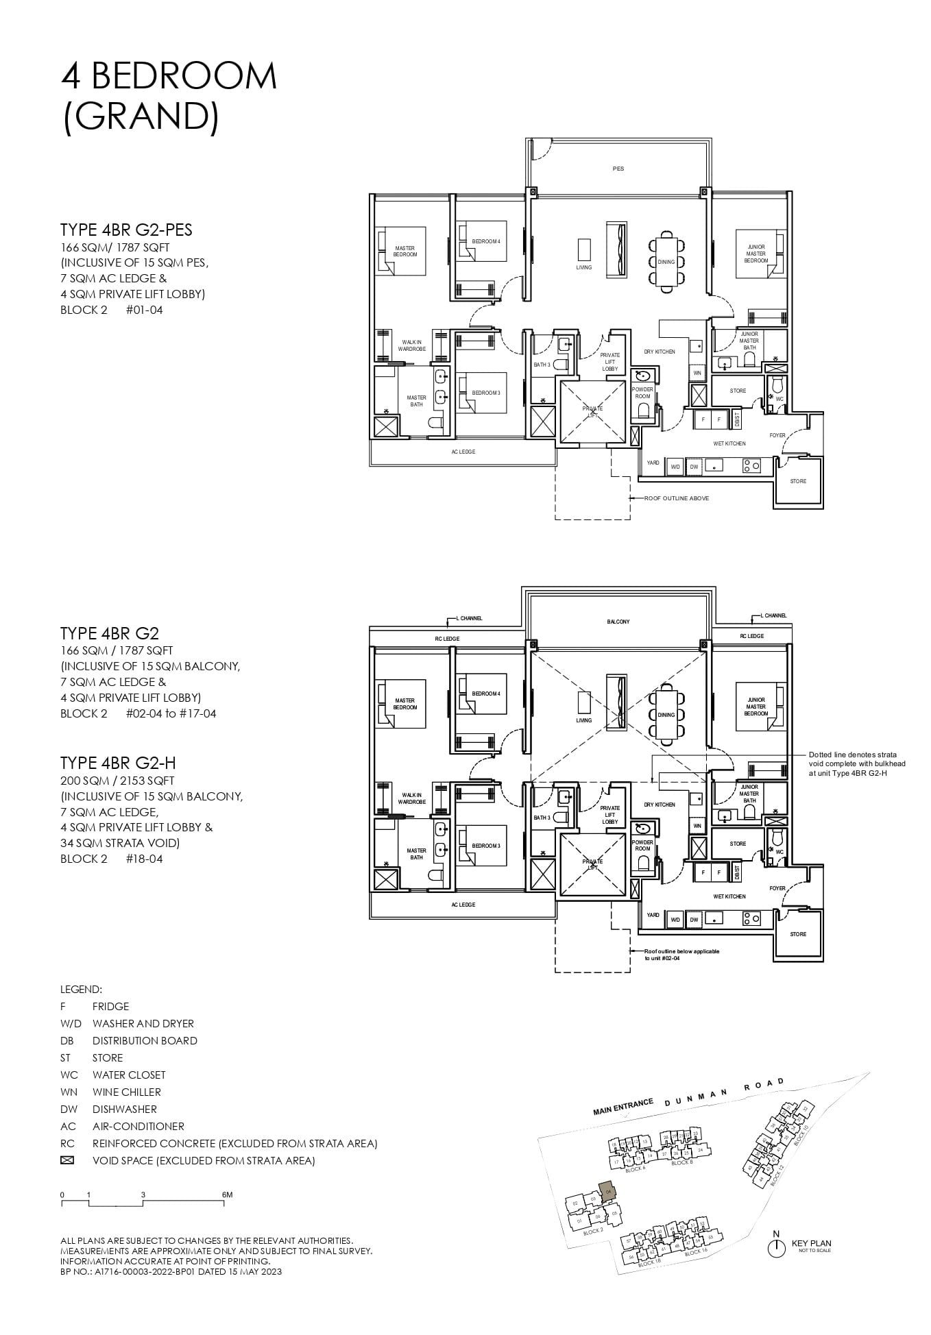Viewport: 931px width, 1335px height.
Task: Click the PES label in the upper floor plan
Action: [618, 169]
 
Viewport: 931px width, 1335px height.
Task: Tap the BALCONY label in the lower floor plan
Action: [618, 622]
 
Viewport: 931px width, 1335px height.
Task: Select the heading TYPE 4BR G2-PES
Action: [126, 230]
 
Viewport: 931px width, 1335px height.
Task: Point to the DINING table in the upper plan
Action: [666, 262]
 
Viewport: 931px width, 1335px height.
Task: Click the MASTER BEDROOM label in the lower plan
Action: [404, 704]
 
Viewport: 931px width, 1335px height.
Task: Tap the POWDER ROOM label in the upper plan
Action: [642, 393]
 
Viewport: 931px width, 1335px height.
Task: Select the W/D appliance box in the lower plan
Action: [675, 920]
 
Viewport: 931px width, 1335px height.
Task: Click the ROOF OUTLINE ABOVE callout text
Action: [676, 498]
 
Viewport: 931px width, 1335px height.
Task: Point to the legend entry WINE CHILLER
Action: [126, 1092]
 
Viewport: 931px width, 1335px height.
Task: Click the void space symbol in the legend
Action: [67, 1161]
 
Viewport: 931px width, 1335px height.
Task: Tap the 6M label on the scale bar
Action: [228, 1195]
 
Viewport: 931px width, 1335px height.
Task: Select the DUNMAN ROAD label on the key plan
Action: [724, 1095]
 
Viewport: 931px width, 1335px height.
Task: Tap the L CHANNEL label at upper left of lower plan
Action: [469, 618]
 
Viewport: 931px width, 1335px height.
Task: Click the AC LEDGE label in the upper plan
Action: [463, 452]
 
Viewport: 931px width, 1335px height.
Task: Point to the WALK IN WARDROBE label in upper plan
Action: [411, 345]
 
